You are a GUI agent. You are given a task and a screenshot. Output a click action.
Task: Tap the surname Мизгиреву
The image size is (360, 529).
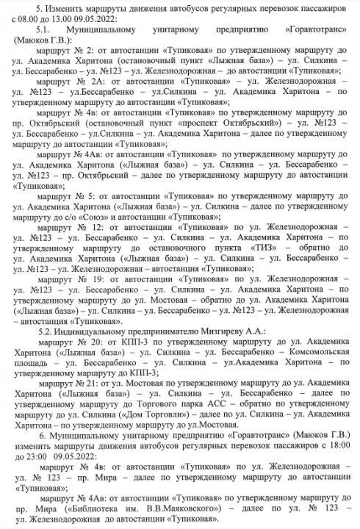tap(207, 331)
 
